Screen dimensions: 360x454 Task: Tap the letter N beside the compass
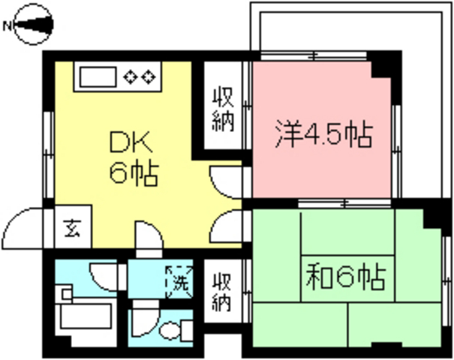coord(7,26)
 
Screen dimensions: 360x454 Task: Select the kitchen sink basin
coord(96,75)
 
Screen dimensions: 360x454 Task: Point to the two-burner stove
coord(140,75)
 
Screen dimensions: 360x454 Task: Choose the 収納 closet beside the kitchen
coord(222,109)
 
